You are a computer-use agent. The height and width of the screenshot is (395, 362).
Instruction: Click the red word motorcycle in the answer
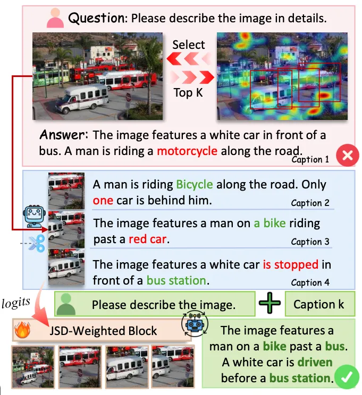point(187,151)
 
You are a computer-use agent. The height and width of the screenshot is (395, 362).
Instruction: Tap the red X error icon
point(347,155)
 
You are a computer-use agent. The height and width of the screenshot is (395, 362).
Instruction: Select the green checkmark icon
point(348,377)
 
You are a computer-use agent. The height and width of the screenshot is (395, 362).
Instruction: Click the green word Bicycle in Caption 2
point(195,185)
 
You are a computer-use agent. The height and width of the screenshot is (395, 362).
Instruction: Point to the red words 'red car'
point(148,239)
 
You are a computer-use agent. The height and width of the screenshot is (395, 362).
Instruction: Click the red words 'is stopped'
point(290,264)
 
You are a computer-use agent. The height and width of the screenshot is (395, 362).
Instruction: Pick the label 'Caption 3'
point(310,242)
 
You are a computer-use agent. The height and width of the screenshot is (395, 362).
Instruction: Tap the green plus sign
point(270,303)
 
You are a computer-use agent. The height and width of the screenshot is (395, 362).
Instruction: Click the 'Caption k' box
point(320,304)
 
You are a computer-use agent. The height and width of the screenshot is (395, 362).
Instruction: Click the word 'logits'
point(15,303)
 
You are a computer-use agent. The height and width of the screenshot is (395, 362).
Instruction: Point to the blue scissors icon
point(37,243)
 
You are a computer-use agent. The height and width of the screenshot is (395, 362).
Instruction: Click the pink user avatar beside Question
point(55,18)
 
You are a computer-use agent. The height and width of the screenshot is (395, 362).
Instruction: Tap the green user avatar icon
point(66,304)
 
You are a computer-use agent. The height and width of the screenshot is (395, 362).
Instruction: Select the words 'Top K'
point(188,93)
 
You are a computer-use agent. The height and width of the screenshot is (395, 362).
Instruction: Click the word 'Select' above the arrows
point(188,45)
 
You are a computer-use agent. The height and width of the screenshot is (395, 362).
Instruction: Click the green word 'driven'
point(315,362)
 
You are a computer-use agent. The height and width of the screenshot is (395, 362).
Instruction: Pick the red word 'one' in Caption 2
point(103,201)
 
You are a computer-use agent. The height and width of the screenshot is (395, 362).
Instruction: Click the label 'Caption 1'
point(310,159)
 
